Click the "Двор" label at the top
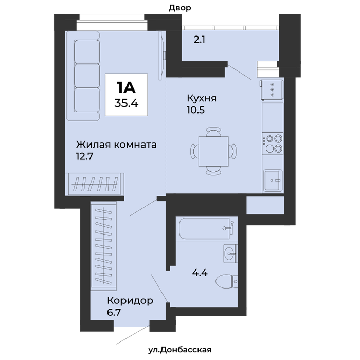pos(180,8)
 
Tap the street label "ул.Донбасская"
pos(180,350)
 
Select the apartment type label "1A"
pos(126,87)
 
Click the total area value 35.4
pos(127,103)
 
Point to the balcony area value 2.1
pos(200,40)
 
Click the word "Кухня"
pos(202,98)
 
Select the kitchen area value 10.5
pos(195,110)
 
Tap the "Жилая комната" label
pos(116,145)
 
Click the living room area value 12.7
pos(84,156)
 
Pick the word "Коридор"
pos(130,301)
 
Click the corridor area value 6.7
pos(114,313)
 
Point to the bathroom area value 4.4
pos(200,273)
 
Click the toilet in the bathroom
pos(227,281)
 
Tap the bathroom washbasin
pos(230,254)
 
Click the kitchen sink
pos(273,181)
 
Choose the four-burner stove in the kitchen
pos(273,143)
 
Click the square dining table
pos(213,151)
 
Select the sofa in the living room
pos(83,76)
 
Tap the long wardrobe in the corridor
pos(103,245)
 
